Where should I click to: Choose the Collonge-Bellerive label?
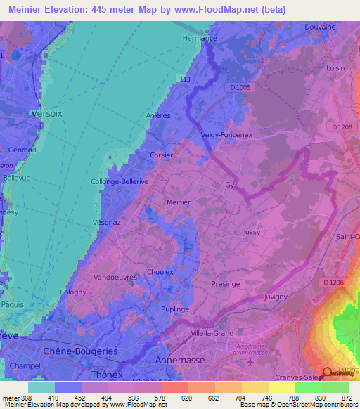pyautogui.click(x=119, y=181)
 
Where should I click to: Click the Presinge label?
pyautogui.click(x=225, y=285)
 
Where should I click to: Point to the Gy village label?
pyautogui.click(x=229, y=186)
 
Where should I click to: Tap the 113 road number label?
pyautogui.click(x=185, y=79)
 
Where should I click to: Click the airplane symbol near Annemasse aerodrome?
pyautogui.click(x=252, y=363)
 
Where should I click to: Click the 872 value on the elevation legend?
pyautogui.click(x=346, y=398)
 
